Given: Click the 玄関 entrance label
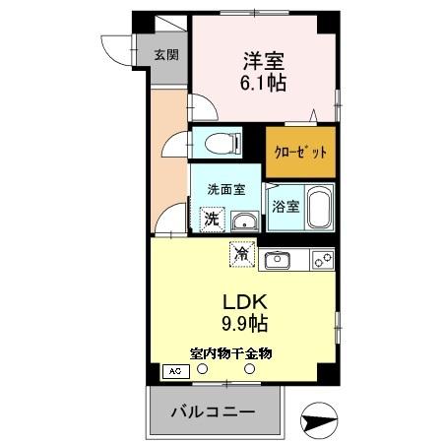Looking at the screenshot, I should pos(165,55).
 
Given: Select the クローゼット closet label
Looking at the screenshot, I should pos(301,153).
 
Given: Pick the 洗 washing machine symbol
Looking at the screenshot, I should pos(211,220).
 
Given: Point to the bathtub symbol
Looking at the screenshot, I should pos(320,208).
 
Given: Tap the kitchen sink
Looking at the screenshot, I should pos(278,260).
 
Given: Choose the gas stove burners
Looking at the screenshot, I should pos(322,260).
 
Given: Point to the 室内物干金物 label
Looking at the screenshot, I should pos(231,351).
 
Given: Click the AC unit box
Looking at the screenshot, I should pos(176,371).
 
